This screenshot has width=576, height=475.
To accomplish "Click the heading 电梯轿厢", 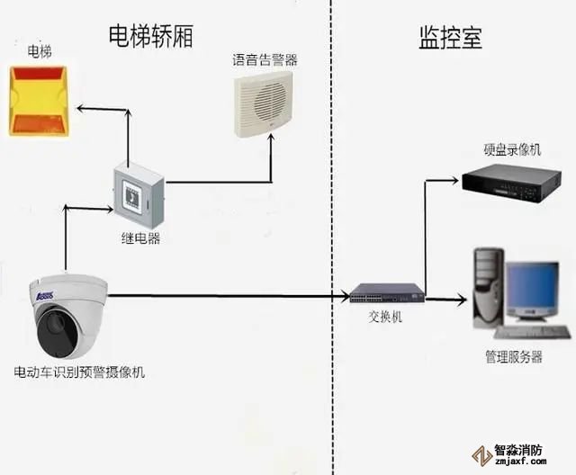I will [x=150, y=35].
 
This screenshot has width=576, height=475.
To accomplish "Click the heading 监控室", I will [x=450, y=37].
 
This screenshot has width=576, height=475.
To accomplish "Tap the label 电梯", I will [x=40, y=51].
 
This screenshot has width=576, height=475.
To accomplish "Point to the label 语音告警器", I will [x=265, y=60].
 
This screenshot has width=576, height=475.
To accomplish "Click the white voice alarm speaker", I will [x=265, y=105].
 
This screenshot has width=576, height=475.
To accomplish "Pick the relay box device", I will [x=139, y=193].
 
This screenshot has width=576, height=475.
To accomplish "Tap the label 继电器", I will [x=140, y=238].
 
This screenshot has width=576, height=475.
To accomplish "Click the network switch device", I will [x=386, y=293].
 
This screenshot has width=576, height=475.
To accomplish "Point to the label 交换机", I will [x=384, y=318].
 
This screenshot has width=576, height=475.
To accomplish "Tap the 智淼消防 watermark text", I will [x=520, y=451].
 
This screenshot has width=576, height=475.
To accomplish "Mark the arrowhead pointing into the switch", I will [x=345, y=296].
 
